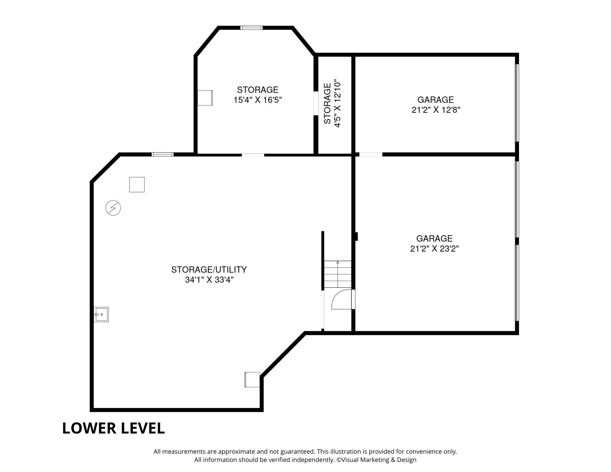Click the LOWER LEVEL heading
coord(113,428)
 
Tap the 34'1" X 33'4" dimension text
coord(209,280)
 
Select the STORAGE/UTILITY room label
coord(209,269)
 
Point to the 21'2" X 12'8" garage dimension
coord(436,110)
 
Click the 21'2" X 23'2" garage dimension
coord(434,249)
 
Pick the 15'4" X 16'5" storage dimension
coord(258,100)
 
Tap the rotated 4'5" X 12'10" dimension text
coord(337,104)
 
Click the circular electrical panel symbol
coord(113,208)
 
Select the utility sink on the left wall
coord(101,314)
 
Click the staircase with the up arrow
coord(338,274)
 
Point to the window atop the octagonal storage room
coord(251,28)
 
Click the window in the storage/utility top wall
coord(163,154)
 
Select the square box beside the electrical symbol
coord(137,185)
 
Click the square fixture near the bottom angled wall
coord(252,379)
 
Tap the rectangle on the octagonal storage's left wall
coord(205,98)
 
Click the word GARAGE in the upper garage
coord(436,100)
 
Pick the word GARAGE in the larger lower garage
coord(434,238)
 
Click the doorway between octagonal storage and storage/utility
coord(253,155)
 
